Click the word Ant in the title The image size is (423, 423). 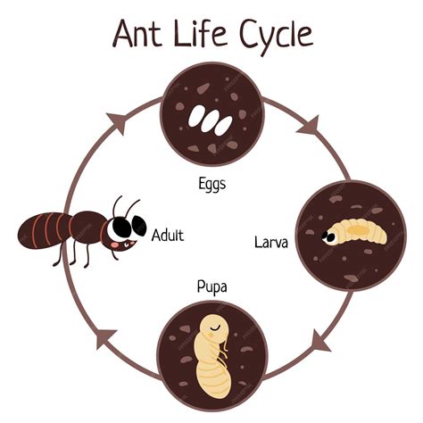point(137,33)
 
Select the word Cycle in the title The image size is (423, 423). point(276,37)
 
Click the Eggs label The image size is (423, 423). point(211,184)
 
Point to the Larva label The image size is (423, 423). point(271,243)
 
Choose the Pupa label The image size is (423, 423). point(211,287)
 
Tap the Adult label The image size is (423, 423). point(168,235)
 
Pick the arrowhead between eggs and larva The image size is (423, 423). point(310,126)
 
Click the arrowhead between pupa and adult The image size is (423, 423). point(106,338)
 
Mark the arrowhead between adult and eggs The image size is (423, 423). point(117,122)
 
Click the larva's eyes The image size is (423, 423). point(329,236)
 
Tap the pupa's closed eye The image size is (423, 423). point(215,328)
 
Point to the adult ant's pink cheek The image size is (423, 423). point(115,245)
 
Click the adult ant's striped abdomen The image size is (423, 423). point(45,230)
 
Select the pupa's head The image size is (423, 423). point(213,328)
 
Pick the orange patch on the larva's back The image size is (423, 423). point(357,229)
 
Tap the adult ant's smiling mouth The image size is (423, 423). point(129,244)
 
